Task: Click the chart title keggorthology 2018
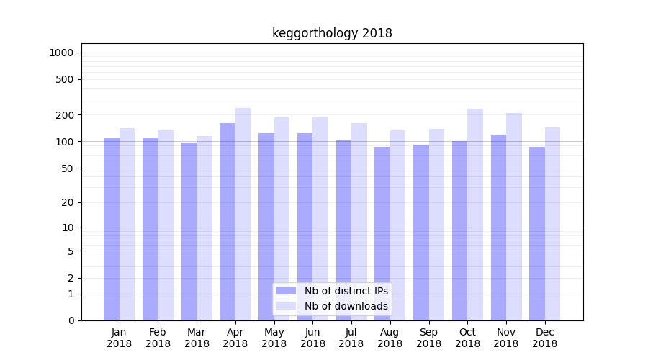click(x=332, y=33)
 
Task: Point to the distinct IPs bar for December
click(x=537, y=233)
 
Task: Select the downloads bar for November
click(x=514, y=217)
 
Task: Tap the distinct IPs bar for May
click(x=266, y=227)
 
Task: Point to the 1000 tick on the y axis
click(x=61, y=53)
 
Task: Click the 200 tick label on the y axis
click(x=66, y=115)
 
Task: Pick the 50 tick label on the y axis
click(x=68, y=168)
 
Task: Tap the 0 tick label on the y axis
click(x=71, y=320)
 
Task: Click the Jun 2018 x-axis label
click(x=312, y=338)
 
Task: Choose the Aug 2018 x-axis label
click(x=390, y=338)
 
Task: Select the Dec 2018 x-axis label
click(x=545, y=338)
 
